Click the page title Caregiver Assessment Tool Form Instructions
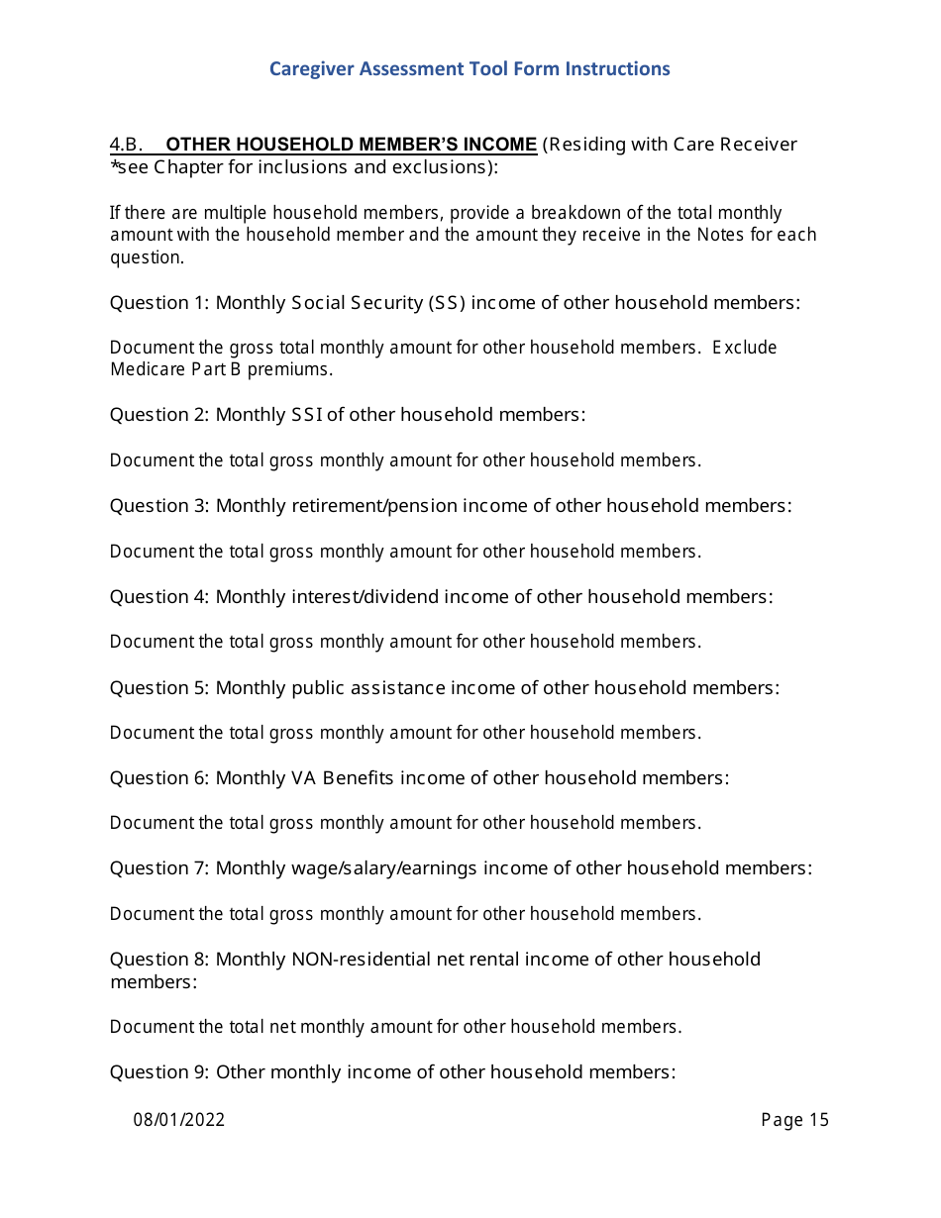[470, 69]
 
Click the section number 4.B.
[127, 145]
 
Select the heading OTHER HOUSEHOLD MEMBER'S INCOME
[352, 145]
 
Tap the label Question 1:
[159, 303]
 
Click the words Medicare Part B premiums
[221, 370]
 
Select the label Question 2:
[159, 415]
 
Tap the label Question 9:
[159, 1072]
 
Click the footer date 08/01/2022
[179, 1120]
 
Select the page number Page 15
[794, 1120]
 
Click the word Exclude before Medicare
[744, 348]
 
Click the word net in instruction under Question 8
[282, 1027]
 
